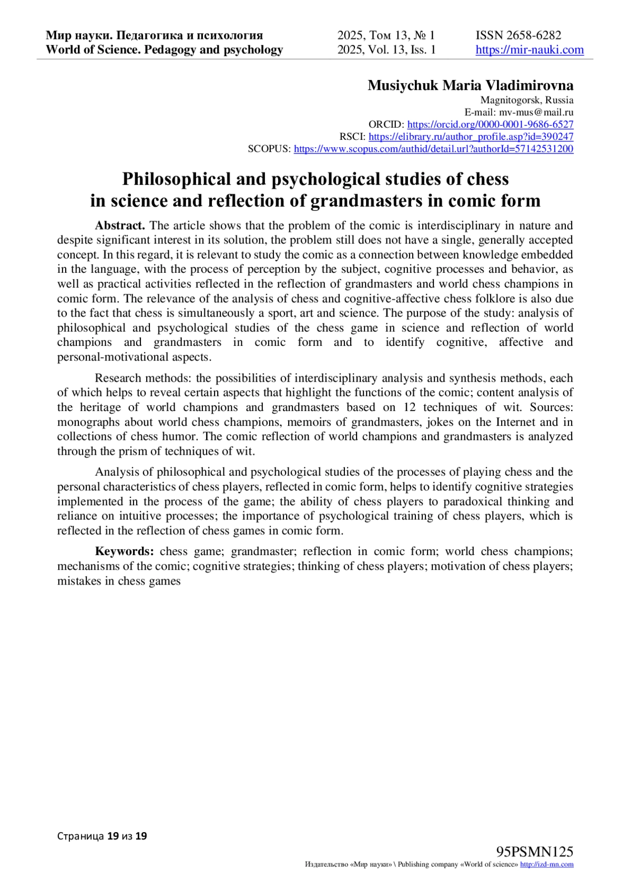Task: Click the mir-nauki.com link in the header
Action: tap(530, 50)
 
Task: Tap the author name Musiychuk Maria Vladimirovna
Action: tap(470, 85)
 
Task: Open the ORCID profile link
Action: tap(490, 125)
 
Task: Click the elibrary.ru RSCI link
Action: tap(471, 137)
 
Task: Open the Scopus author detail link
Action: tap(433, 149)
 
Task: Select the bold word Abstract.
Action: tap(119, 225)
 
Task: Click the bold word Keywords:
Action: tap(124, 551)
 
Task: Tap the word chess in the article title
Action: tap(487, 179)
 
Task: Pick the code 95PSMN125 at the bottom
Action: tap(535, 852)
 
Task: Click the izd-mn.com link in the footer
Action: tap(546, 865)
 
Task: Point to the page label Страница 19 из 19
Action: tap(102, 836)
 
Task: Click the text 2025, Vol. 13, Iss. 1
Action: tap(386, 50)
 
